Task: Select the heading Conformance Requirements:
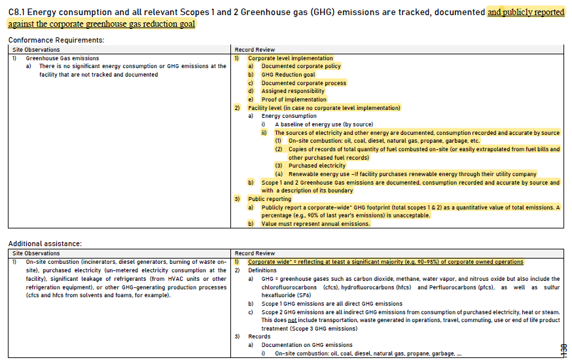(56, 40)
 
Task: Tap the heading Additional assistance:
(45, 243)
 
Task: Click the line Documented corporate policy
(300, 66)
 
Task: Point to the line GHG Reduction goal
(288, 75)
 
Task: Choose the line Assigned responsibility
(293, 91)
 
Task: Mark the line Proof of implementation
(295, 99)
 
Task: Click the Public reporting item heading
(269, 199)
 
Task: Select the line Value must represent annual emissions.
(315, 224)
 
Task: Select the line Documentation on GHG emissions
(306, 345)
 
